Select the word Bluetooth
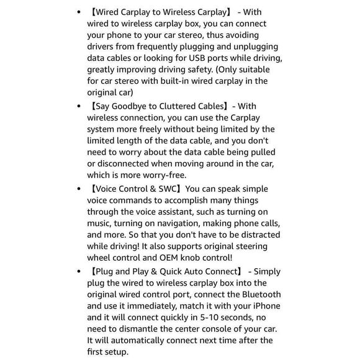(257, 294)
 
